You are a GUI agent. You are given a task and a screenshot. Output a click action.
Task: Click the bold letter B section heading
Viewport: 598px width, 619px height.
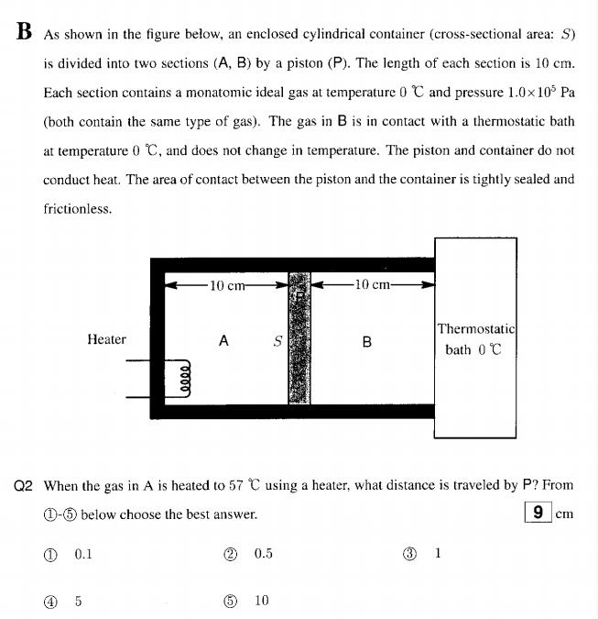(x=25, y=32)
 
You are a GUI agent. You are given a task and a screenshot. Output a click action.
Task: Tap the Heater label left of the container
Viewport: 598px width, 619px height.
(x=106, y=339)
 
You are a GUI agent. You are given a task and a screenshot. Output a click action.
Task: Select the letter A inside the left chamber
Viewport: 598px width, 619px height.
(x=223, y=340)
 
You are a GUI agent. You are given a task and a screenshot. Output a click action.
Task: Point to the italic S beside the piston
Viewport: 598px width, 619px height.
(x=277, y=341)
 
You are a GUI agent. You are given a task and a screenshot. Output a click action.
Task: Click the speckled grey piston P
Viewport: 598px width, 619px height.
(x=299, y=337)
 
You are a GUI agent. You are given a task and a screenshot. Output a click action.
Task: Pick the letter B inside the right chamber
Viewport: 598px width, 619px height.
(x=367, y=342)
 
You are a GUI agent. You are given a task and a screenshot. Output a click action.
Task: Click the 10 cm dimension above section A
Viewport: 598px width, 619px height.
(x=227, y=285)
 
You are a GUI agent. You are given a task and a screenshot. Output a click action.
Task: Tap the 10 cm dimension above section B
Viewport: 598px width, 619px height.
(x=373, y=285)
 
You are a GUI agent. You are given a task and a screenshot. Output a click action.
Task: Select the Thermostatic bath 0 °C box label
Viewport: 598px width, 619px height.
(x=475, y=338)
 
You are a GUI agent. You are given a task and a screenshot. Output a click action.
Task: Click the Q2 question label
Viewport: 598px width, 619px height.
(x=26, y=486)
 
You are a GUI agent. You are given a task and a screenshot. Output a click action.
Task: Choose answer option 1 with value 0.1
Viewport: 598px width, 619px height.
(x=70, y=554)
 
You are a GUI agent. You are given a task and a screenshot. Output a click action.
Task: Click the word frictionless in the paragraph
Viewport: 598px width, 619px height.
(x=78, y=209)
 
